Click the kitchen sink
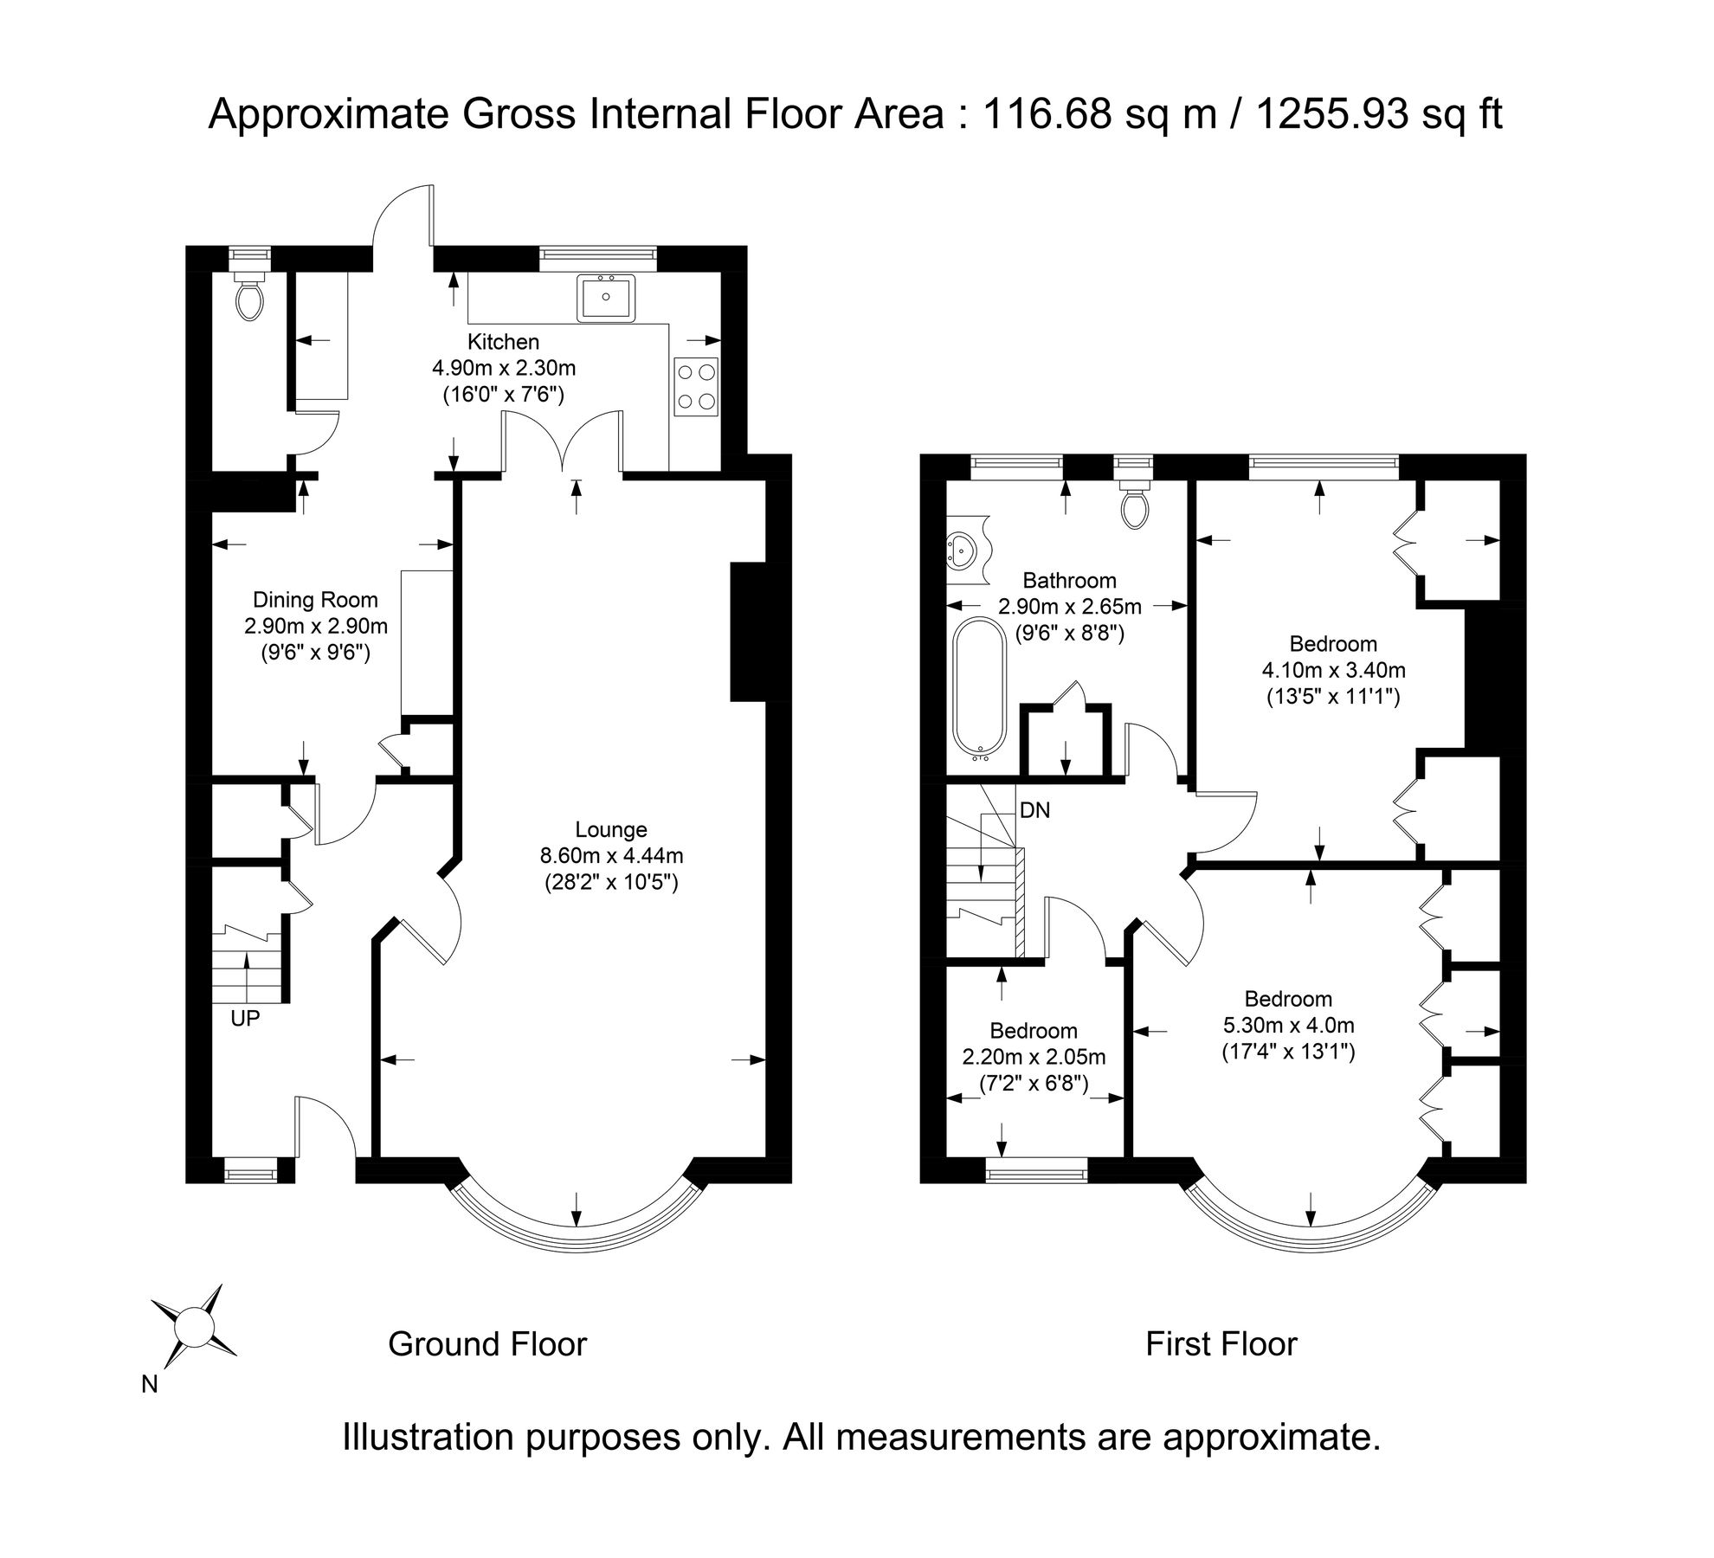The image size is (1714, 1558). pos(606,298)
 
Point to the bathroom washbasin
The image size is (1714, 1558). pos(964,548)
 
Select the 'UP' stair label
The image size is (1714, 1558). pos(245,1019)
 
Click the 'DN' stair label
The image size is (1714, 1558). pos(1034,811)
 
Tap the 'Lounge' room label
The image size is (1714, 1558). pos(611,830)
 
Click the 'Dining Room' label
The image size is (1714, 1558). pos(315,600)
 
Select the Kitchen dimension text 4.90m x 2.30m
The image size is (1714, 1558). pos(504,368)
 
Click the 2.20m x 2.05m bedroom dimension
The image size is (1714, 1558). pos(1034,1057)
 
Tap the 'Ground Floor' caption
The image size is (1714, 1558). pos(486,1344)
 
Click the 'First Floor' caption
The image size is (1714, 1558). pos(1221,1344)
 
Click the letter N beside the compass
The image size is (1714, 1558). pos(150,1385)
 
